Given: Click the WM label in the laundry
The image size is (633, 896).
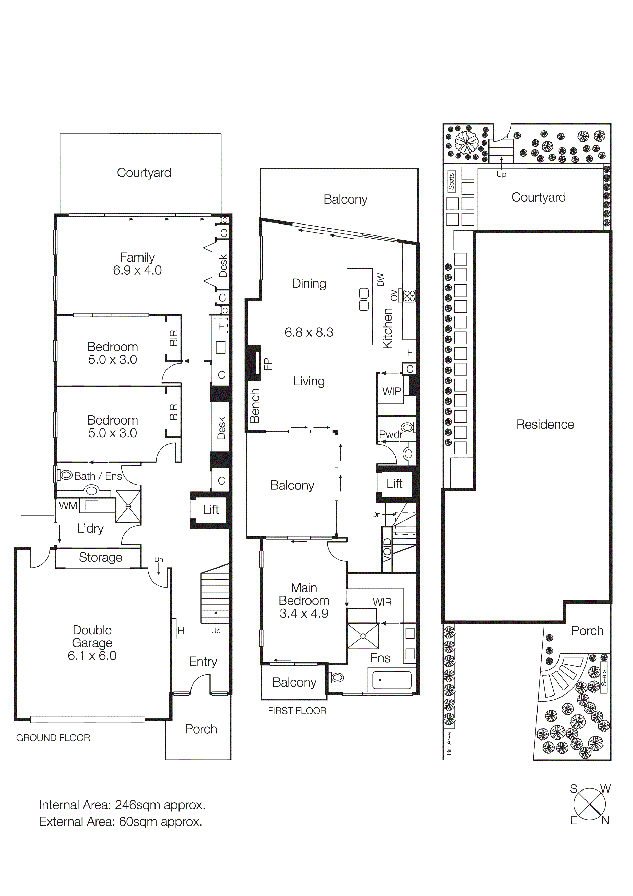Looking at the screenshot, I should click(68, 506).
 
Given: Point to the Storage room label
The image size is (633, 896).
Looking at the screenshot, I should click(100, 557).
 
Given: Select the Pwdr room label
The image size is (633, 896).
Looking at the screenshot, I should click(390, 435).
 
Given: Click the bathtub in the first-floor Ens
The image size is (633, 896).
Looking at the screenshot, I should click(392, 681).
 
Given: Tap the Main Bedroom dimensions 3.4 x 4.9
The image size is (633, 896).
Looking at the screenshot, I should click(304, 614).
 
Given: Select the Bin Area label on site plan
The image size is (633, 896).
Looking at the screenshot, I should click(449, 744).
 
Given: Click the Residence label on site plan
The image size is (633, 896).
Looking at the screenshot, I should click(545, 424).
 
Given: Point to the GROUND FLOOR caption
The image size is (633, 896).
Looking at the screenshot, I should click(53, 738).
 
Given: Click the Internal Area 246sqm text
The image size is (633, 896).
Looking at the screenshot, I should click(122, 805).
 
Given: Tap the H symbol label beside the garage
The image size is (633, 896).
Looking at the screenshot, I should click(181, 631).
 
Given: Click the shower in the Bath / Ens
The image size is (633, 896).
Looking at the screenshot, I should click(128, 506).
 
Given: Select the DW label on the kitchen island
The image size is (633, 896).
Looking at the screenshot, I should click(381, 279).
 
